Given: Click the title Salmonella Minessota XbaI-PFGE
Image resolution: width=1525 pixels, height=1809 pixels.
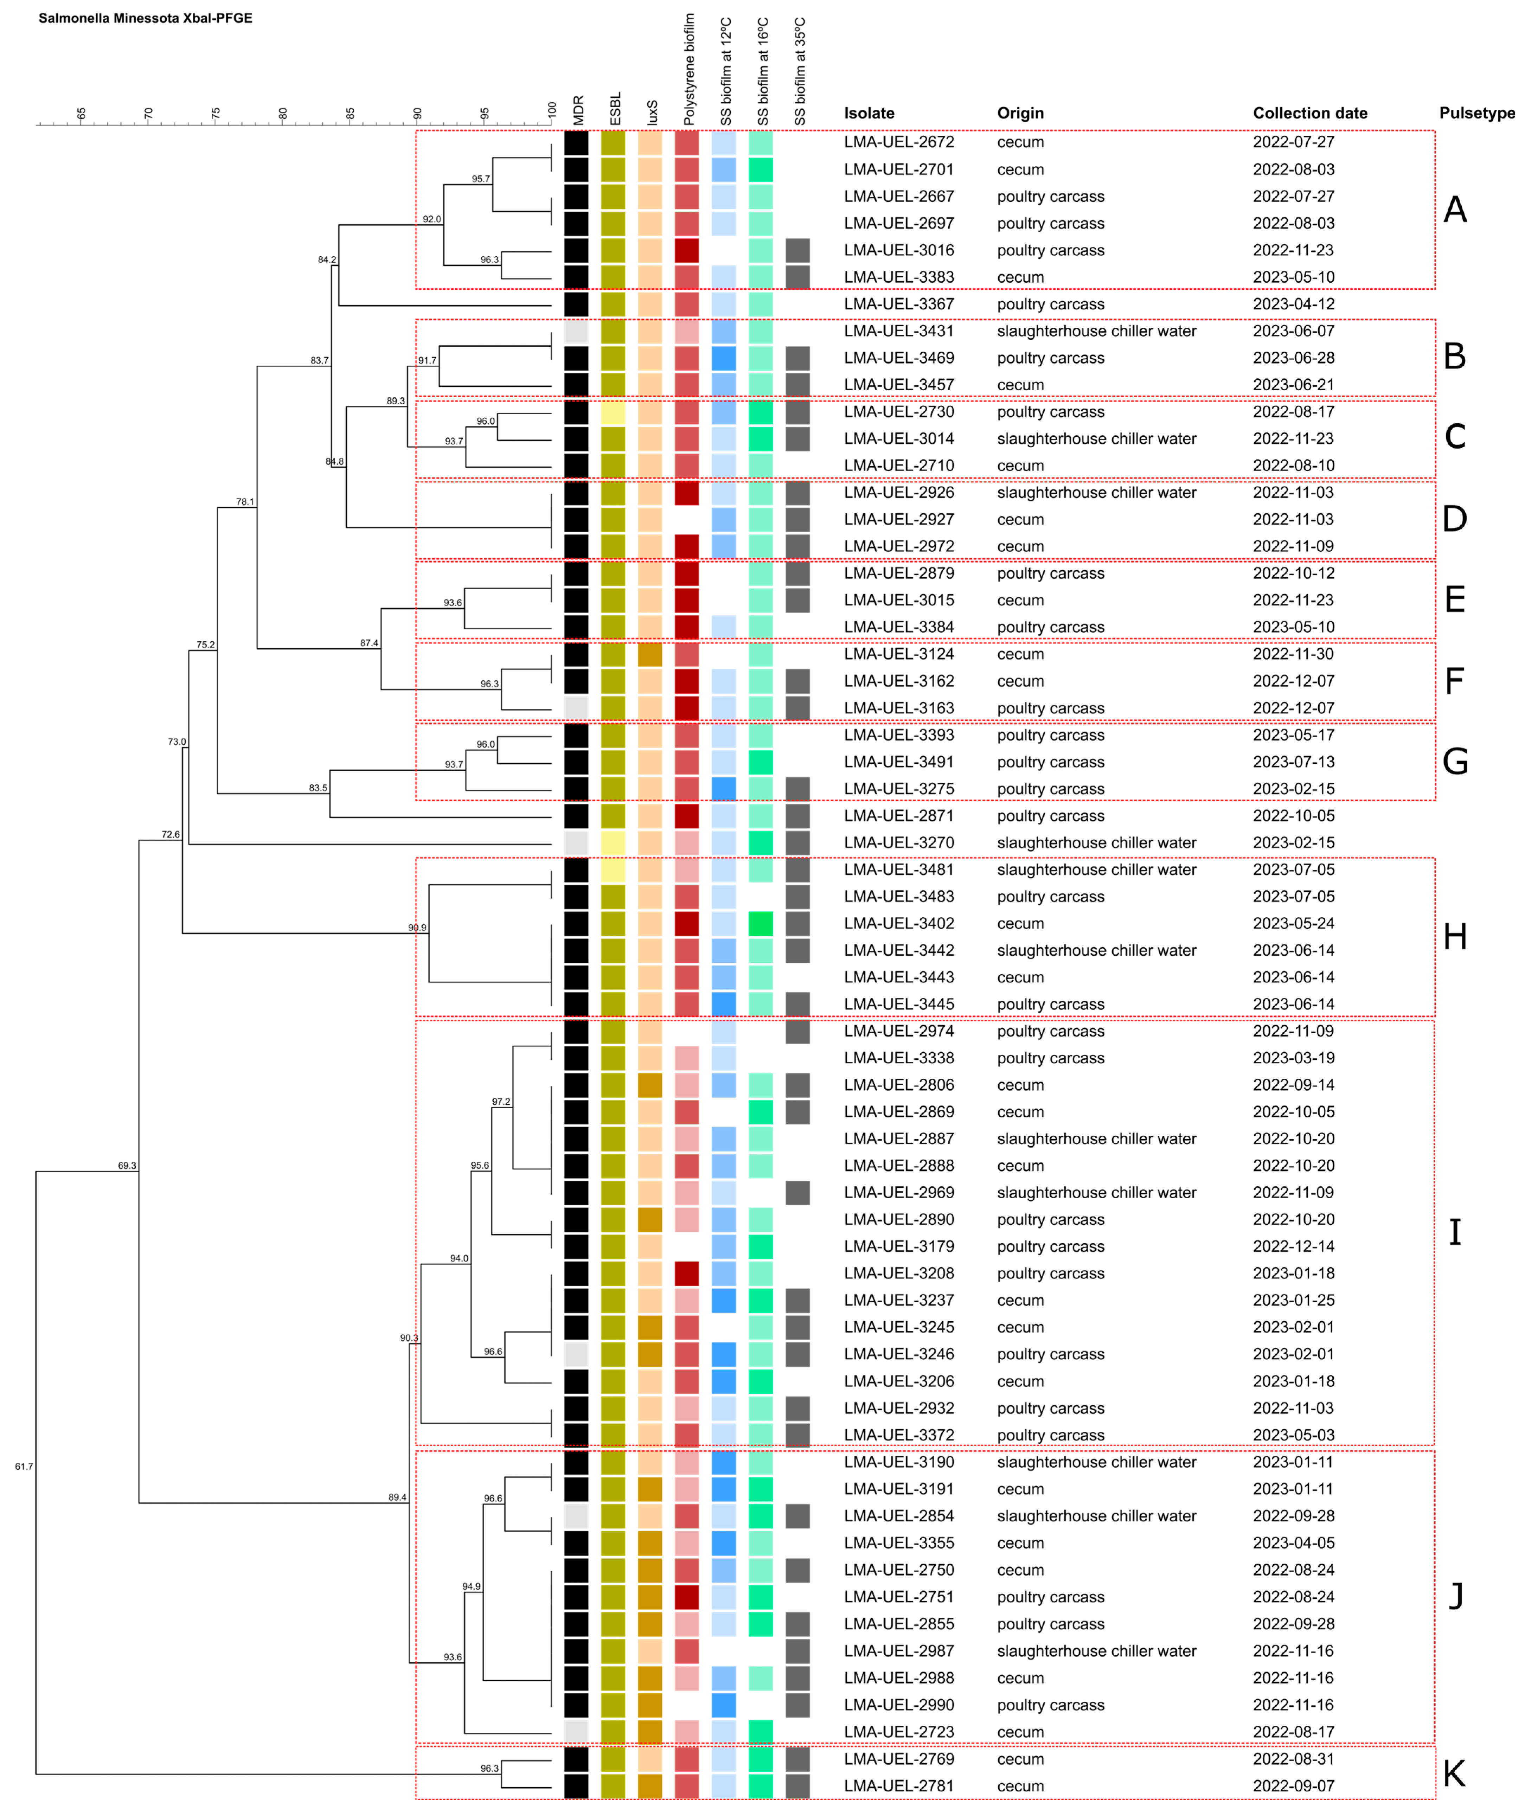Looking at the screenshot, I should [145, 18].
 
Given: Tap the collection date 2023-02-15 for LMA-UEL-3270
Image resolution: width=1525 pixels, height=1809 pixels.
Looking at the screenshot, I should [1293, 843].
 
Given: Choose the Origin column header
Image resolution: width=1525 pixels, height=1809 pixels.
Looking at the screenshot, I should [1020, 113].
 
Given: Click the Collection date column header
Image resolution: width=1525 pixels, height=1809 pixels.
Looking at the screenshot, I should [1310, 113].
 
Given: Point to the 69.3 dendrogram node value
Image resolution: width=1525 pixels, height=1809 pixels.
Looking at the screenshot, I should [127, 1166].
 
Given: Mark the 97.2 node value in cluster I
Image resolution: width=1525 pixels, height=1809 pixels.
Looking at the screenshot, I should [501, 1102].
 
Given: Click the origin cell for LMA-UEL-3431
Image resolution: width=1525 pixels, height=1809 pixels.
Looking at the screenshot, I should [1096, 331].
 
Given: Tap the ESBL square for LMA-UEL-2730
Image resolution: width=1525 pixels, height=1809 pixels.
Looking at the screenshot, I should [613, 412].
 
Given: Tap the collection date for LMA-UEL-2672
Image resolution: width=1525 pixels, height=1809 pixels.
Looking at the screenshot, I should [1293, 142].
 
